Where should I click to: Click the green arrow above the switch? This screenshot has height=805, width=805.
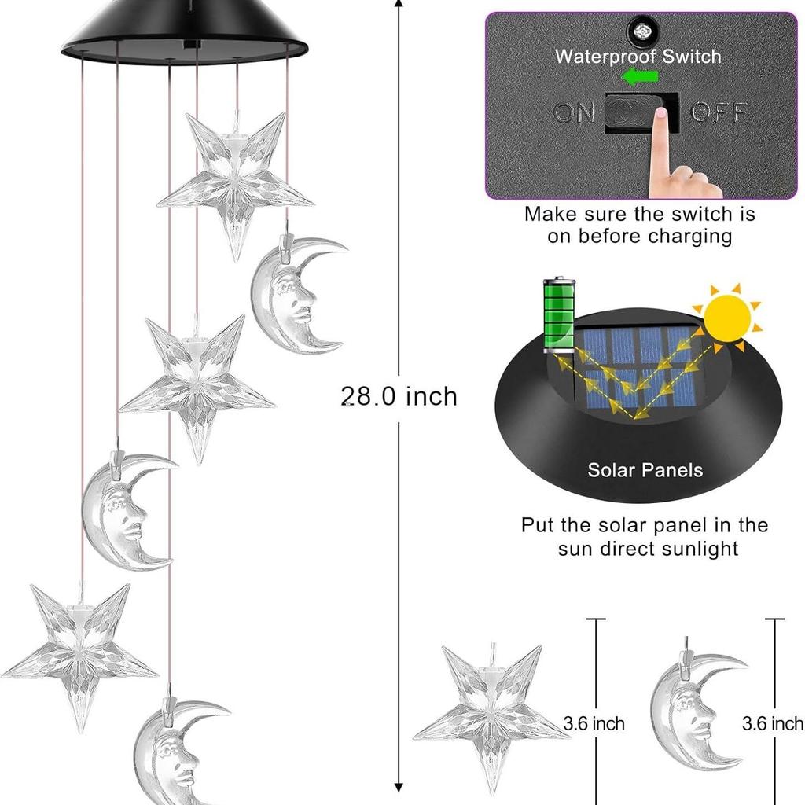[640, 76]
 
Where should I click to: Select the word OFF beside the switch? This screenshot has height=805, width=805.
[719, 112]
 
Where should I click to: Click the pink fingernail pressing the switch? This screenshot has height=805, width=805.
[661, 113]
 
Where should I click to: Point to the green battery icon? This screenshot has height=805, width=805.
[559, 314]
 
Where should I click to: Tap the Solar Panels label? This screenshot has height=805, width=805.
[645, 470]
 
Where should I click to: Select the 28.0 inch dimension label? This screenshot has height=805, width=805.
[399, 396]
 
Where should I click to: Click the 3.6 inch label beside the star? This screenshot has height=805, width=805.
[594, 723]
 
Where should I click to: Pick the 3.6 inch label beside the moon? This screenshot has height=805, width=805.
[773, 723]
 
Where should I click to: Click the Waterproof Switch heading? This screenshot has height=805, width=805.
[638, 56]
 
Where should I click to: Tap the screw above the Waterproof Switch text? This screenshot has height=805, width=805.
[641, 31]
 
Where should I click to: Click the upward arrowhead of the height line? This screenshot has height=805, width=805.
[399, 3]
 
